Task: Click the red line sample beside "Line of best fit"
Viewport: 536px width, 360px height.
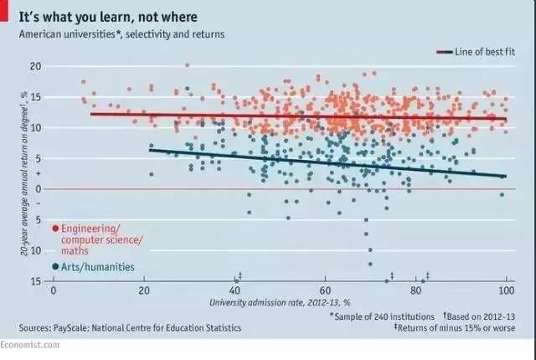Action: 444,52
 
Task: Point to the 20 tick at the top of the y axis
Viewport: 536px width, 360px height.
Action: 35,66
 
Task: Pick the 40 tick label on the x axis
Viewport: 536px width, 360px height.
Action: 235,290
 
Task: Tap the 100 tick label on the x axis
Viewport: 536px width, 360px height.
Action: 505,290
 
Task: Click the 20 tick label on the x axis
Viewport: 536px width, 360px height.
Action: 145,290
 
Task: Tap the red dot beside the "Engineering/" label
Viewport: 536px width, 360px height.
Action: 55,228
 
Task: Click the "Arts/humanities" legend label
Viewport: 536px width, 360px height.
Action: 98,267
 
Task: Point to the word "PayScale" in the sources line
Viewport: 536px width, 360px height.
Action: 73,328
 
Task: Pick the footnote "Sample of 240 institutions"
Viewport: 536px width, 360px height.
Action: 384,316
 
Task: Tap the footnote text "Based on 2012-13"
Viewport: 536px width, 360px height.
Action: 482,316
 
